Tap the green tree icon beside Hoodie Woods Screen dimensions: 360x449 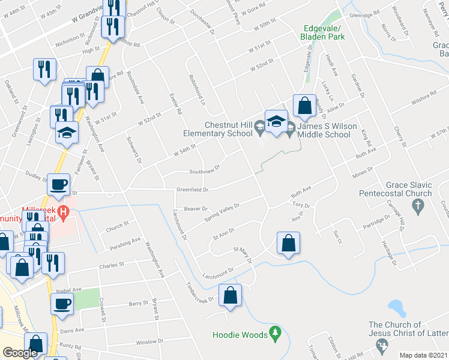(275, 331)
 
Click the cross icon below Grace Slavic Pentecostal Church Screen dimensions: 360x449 (418, 206)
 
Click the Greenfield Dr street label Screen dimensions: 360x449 (192, 190)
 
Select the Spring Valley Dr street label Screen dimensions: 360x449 (221, 211)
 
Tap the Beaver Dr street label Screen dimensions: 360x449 (196, 209)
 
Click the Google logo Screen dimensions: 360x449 (20, 353)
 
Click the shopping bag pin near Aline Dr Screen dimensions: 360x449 (305, 106)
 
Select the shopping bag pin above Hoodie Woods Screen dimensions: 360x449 (230, 295)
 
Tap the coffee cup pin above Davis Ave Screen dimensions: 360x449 (61, 304)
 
